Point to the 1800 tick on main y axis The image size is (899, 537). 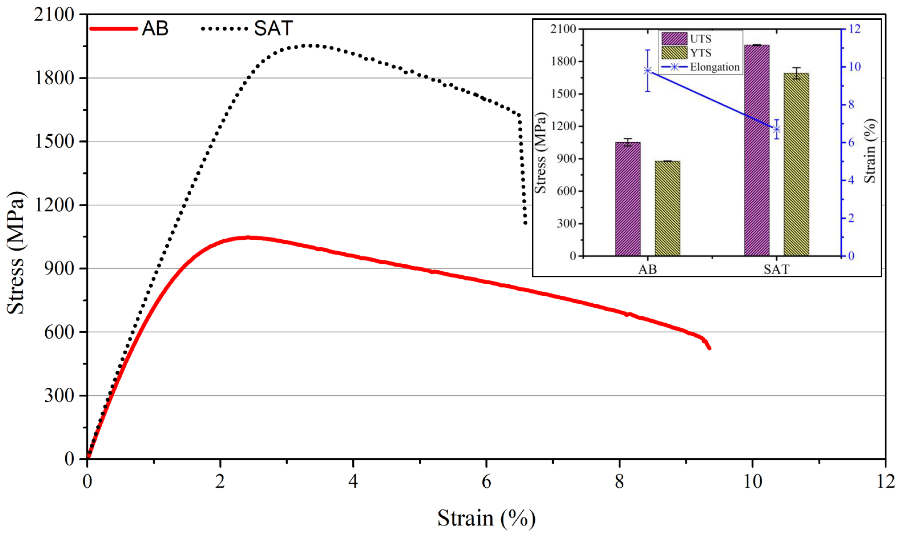pos(54,78)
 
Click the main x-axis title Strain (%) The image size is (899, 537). pos(486,518)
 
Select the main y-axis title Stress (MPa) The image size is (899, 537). pos(16,253)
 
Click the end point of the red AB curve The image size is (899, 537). pos(710,348)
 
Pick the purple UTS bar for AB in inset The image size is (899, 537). pos(628,199)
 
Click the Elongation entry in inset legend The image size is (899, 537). pos(714,67)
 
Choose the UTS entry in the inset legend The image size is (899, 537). pos(700,39)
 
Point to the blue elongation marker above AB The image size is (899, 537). pos(648,71)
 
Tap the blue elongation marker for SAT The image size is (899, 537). pos(776,129)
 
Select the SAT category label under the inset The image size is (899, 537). pos(776,269)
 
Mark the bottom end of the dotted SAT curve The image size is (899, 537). pos(525,223)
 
